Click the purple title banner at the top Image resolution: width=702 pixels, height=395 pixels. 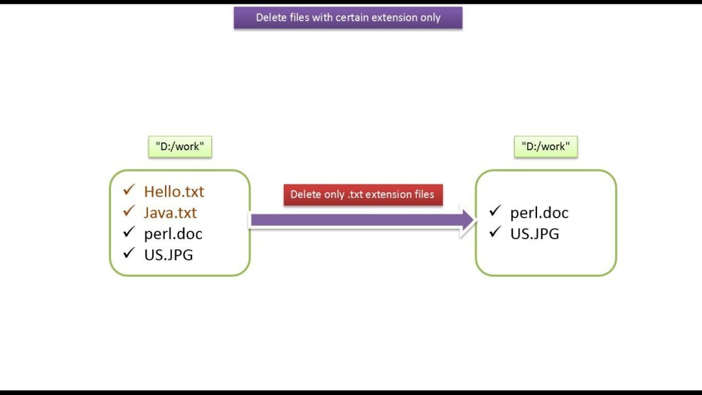(348, 18)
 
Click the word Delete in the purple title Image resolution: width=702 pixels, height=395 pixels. (272, 18)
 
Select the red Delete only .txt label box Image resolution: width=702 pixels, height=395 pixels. (363, 195)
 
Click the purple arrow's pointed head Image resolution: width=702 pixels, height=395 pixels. (468, 220)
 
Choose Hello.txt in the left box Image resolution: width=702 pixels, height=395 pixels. (174, 191)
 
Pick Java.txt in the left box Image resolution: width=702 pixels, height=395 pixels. (170, 213)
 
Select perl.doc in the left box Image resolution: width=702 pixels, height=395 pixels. (173, 233)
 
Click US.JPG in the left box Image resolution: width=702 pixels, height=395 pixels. (168, 254)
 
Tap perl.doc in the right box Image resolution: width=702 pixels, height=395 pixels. (539, 213)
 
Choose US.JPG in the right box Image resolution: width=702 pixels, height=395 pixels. (534, 233)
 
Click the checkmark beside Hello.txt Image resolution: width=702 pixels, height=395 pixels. (129, 191)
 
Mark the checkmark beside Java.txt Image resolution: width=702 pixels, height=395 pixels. (129, 211)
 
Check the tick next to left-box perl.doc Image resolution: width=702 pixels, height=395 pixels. (129, 232)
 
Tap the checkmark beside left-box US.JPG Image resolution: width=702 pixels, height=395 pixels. (129, 253)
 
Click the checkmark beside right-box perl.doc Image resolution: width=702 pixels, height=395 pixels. (495, 211)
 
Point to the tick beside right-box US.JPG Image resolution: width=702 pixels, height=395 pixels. (495, 232)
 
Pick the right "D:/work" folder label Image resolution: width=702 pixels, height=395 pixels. (546, 147)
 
